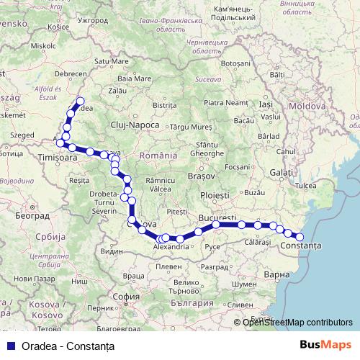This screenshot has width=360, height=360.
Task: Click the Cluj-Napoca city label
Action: coord(135,125)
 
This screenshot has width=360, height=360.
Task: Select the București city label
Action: coord(217,217)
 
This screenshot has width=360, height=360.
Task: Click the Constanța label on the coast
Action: coord(302,246)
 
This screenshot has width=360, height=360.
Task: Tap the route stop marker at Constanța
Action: coord(300,237)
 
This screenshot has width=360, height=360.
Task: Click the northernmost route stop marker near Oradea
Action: coord(80,102)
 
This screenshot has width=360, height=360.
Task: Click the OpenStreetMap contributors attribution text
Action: coord(297,323)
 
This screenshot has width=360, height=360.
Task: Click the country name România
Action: coord(158,156)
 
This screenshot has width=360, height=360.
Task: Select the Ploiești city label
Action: coord(215,195)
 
